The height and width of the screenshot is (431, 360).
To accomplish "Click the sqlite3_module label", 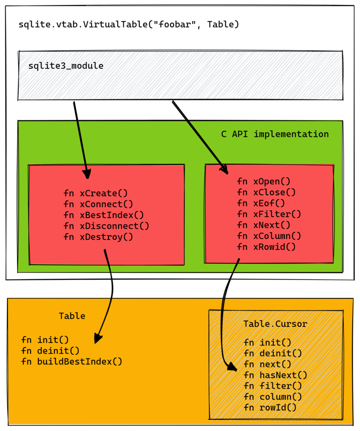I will pos(66,66).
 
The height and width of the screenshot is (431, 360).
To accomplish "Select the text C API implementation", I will pos(275,134).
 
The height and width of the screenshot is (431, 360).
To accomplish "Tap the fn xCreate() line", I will pos(96,193).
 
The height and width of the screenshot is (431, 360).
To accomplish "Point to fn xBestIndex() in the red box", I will pos(104,215).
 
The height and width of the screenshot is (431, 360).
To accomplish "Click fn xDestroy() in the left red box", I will pos(98,237).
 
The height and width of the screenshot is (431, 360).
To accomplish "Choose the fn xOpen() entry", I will pos(264,182).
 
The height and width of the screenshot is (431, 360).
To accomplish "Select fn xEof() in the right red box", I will pos(261,203).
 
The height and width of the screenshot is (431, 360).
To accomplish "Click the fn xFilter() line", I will pos(269,214).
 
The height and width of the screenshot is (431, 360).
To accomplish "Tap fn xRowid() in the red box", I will pos(266,247).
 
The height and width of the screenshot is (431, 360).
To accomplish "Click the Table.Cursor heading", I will pos(275,324).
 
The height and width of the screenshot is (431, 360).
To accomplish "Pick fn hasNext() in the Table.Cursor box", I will pos(275,375).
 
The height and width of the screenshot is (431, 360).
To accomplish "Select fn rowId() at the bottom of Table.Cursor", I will pos(270,408).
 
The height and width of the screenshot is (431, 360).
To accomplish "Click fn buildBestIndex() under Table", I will pos(72,362).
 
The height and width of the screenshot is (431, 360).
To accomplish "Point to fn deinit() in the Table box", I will pos(50,351).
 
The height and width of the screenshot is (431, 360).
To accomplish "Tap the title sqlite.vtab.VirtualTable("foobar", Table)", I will pos(129,25).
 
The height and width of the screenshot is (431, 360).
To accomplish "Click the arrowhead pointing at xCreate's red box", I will pos(87,174).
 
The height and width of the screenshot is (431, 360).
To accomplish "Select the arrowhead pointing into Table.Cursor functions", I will pos(232,367).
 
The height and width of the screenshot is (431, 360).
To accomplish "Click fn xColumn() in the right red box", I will pos(269,236).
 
